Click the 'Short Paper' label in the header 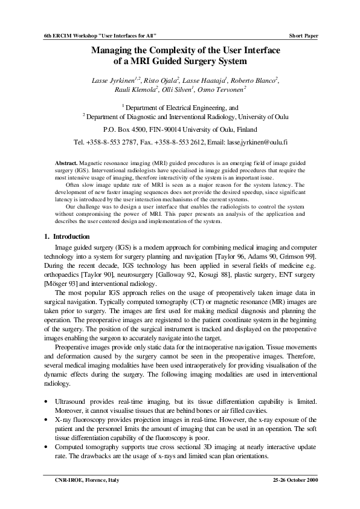[303, 36]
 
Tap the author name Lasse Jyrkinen [113, 79]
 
